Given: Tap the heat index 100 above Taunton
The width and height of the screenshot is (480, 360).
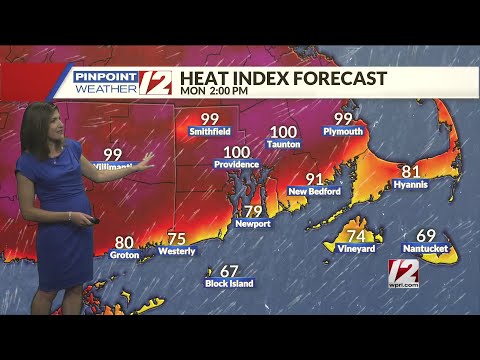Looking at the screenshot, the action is coord(283,131).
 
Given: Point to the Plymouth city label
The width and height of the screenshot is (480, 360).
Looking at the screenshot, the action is coord(343,131).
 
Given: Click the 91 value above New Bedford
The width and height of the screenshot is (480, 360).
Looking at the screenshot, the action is coord(315,178).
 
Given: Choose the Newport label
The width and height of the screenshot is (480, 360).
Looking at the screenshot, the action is coord(254,224).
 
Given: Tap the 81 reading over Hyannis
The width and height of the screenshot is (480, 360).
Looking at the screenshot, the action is coord(411,171).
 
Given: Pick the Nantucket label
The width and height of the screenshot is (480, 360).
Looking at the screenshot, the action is coord(425,248).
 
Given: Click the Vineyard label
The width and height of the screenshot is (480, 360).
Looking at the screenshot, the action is coord(356,248).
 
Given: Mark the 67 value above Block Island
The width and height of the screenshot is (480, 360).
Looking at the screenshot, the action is coord(229,271).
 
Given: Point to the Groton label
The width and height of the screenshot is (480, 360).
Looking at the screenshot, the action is coord(124,255).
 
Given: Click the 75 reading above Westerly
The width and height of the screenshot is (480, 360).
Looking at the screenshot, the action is coord(177,238).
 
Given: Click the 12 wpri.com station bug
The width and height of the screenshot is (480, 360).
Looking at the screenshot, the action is coord(403,273).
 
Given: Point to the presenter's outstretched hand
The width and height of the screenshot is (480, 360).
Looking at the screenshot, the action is coord(147,158).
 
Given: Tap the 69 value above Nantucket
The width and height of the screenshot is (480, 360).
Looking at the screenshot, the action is coord(426,235).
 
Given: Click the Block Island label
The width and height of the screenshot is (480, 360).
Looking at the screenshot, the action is coord(229,284).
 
